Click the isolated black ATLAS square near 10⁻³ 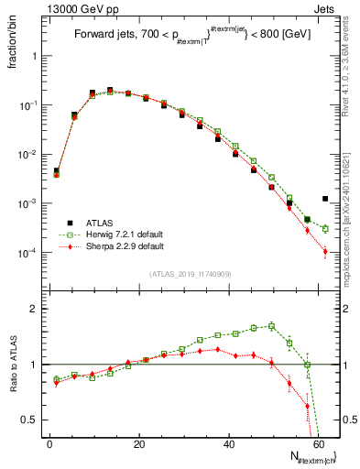pyautogui.click(x=325, y=199)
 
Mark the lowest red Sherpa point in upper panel pyautogui.click(x=325, y=251)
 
